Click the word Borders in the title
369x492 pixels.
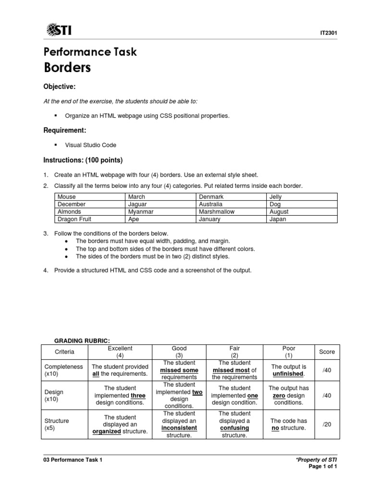[x=67, y=67]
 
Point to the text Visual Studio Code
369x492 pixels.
[x=90, y=145]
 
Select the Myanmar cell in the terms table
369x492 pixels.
[x=140, y=211]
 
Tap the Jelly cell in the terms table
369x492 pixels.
[x=276, y=197]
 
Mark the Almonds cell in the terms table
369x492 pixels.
[x=69, y=211]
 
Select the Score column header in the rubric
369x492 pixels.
[x=327, y=352]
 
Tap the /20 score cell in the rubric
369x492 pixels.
[x=327, y=424]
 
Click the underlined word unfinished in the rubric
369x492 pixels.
[x=288, y=373]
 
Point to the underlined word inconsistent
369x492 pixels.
[x=179, y=428]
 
